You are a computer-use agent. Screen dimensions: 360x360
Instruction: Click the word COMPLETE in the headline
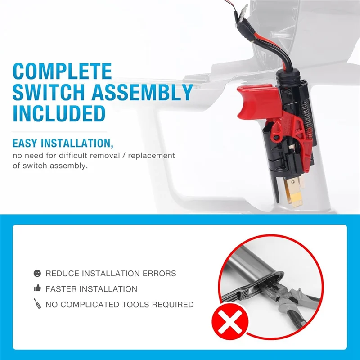point(62,72)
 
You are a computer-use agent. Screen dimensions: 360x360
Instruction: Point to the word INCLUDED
point(59,113)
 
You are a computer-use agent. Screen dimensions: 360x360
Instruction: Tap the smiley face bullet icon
point(37,273)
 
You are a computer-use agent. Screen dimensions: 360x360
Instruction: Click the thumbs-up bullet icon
point(37,288)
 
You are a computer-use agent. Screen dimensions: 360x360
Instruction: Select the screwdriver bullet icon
point(37,304)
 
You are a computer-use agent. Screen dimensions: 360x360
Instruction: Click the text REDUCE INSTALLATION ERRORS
point(111,273)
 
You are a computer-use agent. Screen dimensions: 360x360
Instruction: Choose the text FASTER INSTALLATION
point(91,289)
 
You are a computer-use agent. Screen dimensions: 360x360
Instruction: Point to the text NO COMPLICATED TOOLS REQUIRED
point(120,305)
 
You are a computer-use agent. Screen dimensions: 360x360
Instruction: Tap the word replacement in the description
point(153,156)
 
